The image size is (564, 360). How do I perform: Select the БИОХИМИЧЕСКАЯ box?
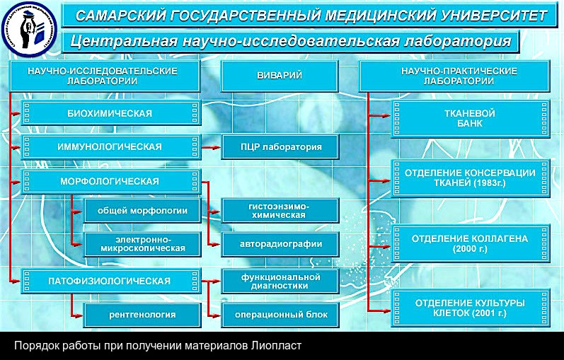point(110,113)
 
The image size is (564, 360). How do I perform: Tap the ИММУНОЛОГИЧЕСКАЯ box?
point(110,147)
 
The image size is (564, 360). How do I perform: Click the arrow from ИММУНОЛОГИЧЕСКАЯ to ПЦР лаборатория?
point(209,147)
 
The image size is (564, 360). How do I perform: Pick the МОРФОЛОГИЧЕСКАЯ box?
point(110,182)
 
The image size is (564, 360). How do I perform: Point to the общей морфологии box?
point(141,210)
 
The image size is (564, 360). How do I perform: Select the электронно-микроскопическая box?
point(141,244)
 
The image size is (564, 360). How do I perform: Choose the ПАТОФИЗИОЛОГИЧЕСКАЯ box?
point(110,281)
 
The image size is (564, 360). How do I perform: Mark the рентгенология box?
point(141,314)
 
